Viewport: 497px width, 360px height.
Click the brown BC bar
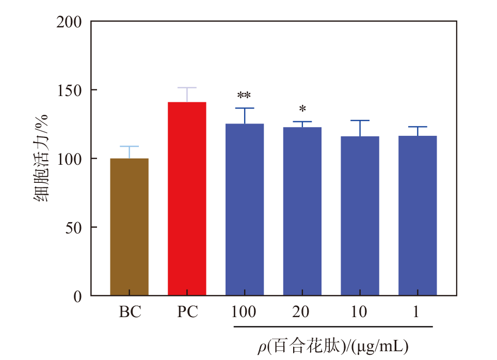129,227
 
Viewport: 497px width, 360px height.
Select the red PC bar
187,199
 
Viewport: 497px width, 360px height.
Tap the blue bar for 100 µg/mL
245,209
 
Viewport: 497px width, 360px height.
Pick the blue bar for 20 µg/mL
302,211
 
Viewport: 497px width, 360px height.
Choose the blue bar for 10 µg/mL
360,216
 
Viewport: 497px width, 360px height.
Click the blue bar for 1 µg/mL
418,215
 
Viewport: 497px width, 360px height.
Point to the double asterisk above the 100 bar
244,96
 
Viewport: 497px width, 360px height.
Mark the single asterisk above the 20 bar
302,109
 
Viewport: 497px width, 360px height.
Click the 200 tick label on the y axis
70,22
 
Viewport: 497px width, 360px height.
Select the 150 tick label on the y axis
70,90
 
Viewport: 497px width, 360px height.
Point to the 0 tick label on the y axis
78,296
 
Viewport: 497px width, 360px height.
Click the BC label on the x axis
130,313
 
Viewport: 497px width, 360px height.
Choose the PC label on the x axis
187,313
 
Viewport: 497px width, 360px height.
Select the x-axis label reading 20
302,313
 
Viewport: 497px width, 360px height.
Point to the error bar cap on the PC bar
187,88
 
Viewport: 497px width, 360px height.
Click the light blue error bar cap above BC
129,147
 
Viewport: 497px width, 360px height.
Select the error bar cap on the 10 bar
360,120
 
